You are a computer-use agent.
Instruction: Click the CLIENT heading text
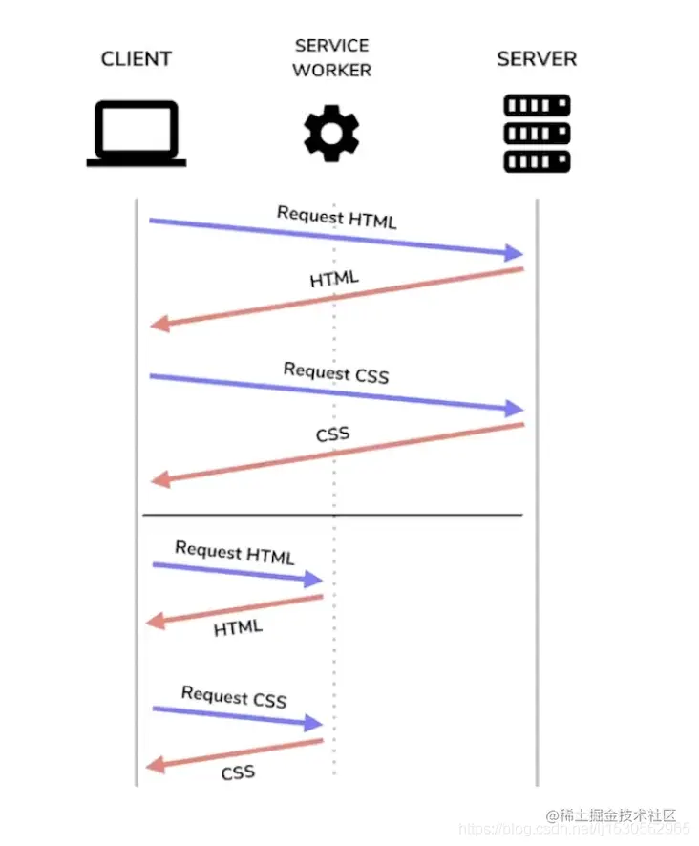(137, 59)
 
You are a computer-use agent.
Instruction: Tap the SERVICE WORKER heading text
(331, 57)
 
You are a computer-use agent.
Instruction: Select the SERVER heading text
(537, 59)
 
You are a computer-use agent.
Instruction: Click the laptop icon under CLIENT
(137, 134)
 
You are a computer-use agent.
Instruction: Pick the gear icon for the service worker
(331, 135)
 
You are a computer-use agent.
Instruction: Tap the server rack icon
(537, 134)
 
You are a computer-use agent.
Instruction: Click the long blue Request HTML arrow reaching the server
(334, 237)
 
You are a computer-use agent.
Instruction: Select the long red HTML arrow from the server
(334, 298)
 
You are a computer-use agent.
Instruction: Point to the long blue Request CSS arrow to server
(334, 392)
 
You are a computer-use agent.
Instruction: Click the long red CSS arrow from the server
(334, 453)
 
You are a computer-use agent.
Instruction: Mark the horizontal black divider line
(332, 516)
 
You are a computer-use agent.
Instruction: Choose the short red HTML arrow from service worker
(235, 609)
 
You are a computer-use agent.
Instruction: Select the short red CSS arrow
(235, 752)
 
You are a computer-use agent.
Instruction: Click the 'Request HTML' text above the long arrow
(336, 217)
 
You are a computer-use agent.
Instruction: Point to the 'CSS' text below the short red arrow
(238, 772)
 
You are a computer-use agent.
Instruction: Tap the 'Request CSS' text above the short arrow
(234, 697)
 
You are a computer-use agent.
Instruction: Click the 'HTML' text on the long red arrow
(334, 279)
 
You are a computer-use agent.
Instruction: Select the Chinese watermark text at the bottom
(617, 815)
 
